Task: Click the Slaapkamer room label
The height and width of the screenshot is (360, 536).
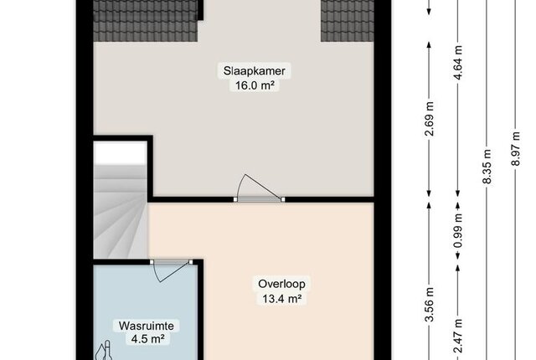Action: tap(255, 71)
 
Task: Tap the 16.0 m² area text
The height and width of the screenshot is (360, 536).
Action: tap(255, 85)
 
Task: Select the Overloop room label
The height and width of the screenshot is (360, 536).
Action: tap(281, 284)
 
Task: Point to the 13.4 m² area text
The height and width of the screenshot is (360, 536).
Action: tap(281, 299)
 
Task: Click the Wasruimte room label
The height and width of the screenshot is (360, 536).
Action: tap(147, 326)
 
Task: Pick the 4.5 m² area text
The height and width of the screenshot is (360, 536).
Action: tap(147, 339)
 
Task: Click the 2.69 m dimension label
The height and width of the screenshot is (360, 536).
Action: tap(430, 119)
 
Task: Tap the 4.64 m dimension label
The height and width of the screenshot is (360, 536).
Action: tap(458, 63)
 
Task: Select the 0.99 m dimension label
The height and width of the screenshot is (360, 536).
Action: tap(458, 230)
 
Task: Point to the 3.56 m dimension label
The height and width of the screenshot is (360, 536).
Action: tap(430, 305)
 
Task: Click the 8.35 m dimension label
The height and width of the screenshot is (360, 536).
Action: tap(487, 167)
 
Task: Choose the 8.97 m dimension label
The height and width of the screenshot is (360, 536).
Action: tap(516, 148)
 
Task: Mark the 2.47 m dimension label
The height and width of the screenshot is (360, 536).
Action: tap(458, 336)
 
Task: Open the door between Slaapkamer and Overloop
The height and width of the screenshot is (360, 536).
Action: tap(259, 199)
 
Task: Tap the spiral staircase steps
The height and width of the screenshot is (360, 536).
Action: tap(121, 212)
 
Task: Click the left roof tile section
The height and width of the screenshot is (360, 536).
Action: tap(146, 20)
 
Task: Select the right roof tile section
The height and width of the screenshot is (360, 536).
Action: tap(347, 20)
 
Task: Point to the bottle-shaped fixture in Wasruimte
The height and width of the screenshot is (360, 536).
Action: tap(104, 351)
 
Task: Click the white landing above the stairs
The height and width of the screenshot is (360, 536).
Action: tap(121, 153)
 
